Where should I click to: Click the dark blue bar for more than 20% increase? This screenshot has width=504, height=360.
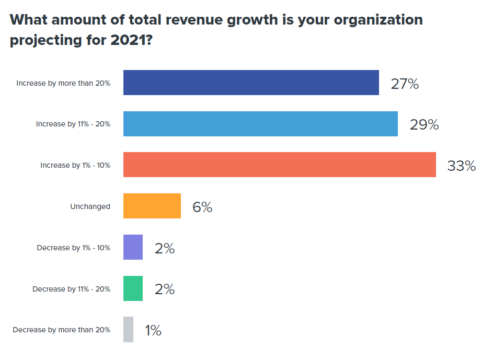point(251,83)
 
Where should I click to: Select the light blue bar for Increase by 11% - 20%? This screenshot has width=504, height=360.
point(260,124)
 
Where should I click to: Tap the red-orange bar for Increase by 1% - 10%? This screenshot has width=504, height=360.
point(279,165)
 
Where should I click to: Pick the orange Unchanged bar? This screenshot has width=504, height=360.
point(152,206)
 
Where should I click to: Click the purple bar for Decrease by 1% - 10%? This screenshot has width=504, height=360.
point(133,247)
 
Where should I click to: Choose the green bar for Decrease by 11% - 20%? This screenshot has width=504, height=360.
point(133,288)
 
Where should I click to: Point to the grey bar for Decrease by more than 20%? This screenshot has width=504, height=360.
point(128,330)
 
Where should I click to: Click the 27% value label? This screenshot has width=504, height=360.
point(405,84)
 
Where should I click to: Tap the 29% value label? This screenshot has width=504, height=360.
point(424,125)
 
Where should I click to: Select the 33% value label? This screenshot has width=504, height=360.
point(462,166)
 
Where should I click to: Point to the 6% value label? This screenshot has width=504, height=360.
point(202,207)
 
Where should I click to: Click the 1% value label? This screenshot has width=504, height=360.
point(153,331)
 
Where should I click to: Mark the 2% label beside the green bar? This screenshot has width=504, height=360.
point(165,289)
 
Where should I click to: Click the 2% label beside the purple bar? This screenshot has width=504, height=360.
point(165,248)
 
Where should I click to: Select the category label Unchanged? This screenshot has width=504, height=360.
point(90,206)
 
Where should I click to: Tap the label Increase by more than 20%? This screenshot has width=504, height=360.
point(63,83)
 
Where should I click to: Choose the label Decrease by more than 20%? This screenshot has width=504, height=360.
point(62,330)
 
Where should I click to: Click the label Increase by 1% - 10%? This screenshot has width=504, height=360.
point(75,165)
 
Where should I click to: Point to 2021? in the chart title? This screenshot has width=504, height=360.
point(131,41)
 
